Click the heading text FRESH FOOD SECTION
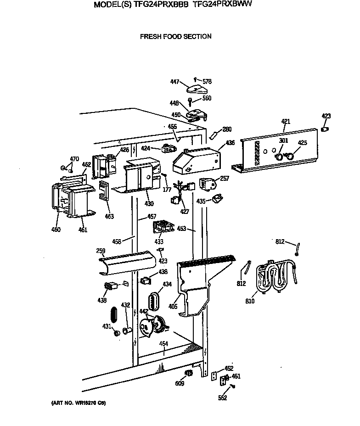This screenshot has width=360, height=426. (x=175, y=37)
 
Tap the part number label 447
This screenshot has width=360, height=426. (x=174, y=82)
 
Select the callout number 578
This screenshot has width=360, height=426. (x=207, y=82)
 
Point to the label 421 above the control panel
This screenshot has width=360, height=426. (x=286, y=122)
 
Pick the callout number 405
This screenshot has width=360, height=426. (x=173, y=305)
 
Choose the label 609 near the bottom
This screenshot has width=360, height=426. (x=180, y=384)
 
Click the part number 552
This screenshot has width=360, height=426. (x=222, y=398)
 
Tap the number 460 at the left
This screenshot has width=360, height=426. (x=56, y=230)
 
